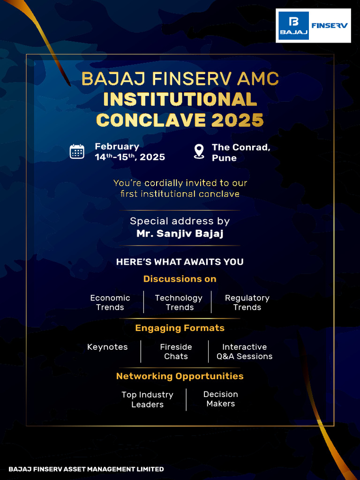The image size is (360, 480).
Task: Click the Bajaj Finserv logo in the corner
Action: coord(313,25)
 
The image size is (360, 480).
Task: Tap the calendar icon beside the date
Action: coord(77,152)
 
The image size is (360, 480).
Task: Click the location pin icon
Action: coord(199,151)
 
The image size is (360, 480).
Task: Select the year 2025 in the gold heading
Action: coord(238,120)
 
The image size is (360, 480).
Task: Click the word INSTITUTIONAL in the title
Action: coord(180,99)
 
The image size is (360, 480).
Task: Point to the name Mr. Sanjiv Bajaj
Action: coord(180,233)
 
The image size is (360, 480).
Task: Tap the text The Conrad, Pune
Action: coord(240,152)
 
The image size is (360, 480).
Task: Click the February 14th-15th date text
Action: coord(130,152)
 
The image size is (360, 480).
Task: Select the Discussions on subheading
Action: coord(180,279)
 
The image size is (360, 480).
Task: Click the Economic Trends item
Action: coord(110,302)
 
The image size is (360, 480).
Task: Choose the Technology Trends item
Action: coord(179,302)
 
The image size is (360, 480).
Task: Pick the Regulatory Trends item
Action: coord(247,302)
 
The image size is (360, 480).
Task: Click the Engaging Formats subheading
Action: coord(180,328)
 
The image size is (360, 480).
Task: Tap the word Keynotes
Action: coord(107,347)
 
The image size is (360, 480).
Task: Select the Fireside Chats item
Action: coord(176,352)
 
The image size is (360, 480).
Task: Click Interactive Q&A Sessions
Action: coord(244,352)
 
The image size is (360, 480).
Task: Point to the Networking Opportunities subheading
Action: coord(180,376)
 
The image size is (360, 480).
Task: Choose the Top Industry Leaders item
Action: coord(147,399)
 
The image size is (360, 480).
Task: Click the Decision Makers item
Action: coord(220,399)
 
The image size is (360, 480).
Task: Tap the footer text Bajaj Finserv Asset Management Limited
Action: coord(86,469)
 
